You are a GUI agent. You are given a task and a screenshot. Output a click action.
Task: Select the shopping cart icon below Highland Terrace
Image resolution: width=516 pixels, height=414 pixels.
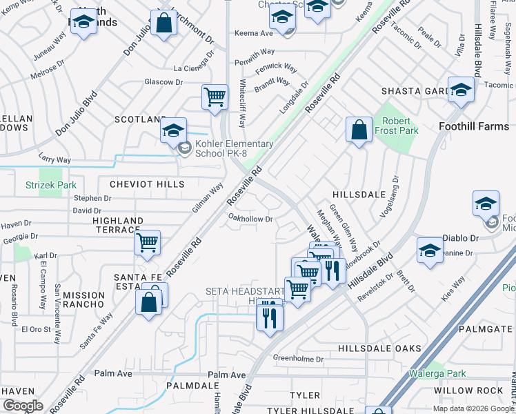click(147, 243)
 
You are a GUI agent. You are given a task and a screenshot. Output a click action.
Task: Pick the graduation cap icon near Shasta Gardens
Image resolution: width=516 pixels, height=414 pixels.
click(460, 89)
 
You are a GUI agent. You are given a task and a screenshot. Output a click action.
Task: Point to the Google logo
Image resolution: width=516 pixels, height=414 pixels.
click(23, 406)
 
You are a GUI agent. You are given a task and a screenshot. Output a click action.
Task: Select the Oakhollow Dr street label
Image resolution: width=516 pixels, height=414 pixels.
click(251, 219)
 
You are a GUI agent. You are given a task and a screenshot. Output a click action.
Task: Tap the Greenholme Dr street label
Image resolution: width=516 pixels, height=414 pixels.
click(298, 359)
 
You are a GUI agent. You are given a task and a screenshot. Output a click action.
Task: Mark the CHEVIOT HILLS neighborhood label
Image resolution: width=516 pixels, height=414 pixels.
click(147, 184)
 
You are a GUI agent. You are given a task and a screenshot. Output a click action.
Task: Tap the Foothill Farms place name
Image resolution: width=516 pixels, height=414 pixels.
click(474, 126)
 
